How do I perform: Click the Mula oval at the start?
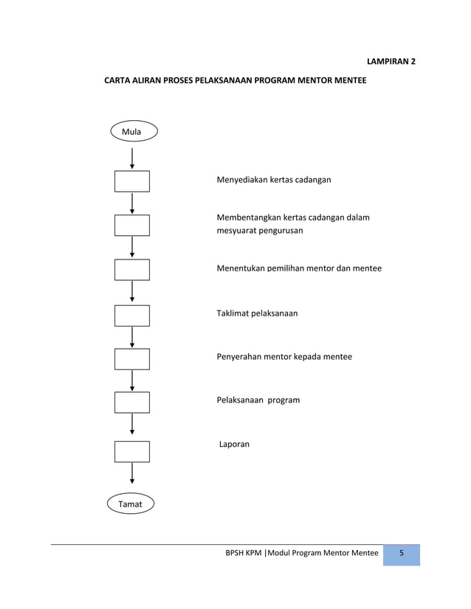pyautogui.click(x=132, y=131)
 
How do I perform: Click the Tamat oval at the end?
pyautogui.click(x=131, y=504)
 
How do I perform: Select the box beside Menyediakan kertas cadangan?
pyautogui.click(x=132, y=181)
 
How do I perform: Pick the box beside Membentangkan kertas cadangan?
pyautogui.click(x=132, y=225)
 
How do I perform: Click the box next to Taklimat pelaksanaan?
pyautogui.click(x=132, y=315)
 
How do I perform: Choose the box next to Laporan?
pyautogui.click(x=132, y=451)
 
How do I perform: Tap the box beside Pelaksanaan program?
pyautogui.click(x=132, y=402)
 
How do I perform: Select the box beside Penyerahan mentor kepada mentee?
pyautogui.click(x=132, y=358)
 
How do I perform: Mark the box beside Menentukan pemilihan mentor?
pyautogui.click(x=132, y=270)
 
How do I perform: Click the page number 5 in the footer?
pyautogui.click(x=402, y=554)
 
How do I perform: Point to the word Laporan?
pyautogui.click(x=235, y=445)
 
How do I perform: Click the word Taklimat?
pyautogui.click(x=233, y=313)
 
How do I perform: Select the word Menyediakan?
pyautogui.click(x=241, y=180)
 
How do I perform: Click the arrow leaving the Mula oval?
pyautogui.click(x=132, y=158)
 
